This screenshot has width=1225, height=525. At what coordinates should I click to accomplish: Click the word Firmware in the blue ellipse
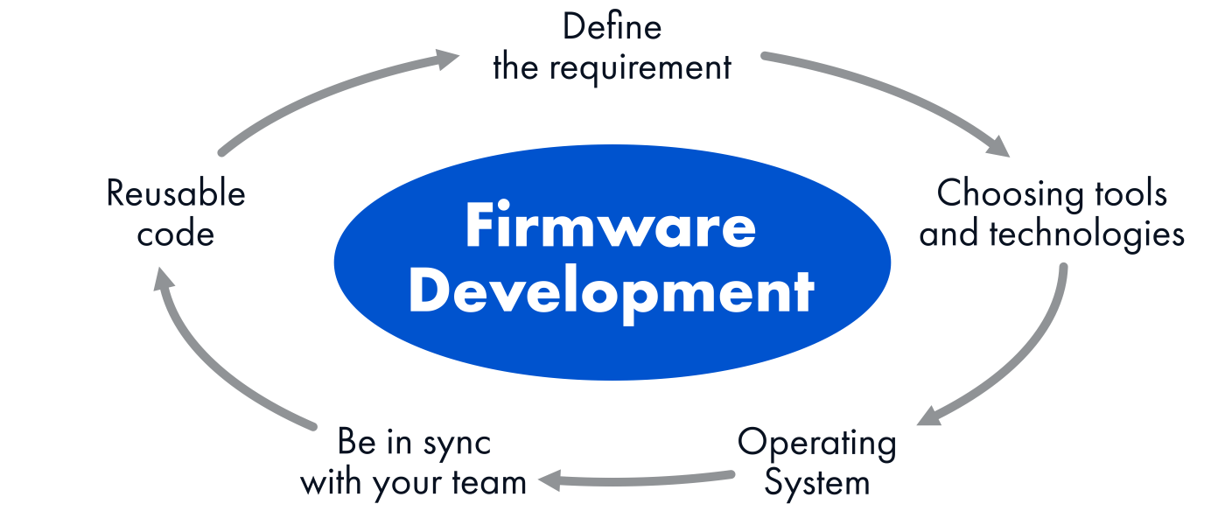click(x=611, y=227)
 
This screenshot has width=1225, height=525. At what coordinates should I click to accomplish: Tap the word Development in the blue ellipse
click(x=611, y=292)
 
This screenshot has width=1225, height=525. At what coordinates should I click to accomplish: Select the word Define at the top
click(x=612, y=27)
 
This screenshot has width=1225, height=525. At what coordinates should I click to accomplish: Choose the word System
click(x=816, y=482)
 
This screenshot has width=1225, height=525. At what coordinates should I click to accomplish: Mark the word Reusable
click(x=176, y=193)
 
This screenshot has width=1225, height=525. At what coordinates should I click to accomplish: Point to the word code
click(x=176, y=234)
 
